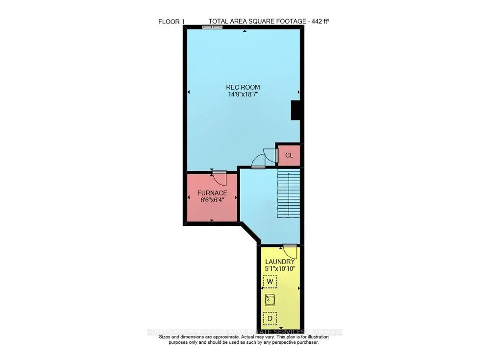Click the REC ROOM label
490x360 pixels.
coord(243,88)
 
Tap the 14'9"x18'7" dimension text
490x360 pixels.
coord(243,95)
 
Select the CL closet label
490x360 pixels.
coord(289,156)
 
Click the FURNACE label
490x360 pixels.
coord(212,193)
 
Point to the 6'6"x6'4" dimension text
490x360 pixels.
coord(212,200)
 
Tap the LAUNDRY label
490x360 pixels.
coord(280,262)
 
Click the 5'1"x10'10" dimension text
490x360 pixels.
coord(280,268)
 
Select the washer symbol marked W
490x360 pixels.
coord(270,282)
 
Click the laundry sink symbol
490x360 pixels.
coord(270,300)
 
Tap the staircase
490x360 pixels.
coord(289,194)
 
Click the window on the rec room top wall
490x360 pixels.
coord(212,27)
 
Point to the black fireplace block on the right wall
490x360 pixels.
coord(296,110)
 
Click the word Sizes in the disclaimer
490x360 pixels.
coord(167,337)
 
